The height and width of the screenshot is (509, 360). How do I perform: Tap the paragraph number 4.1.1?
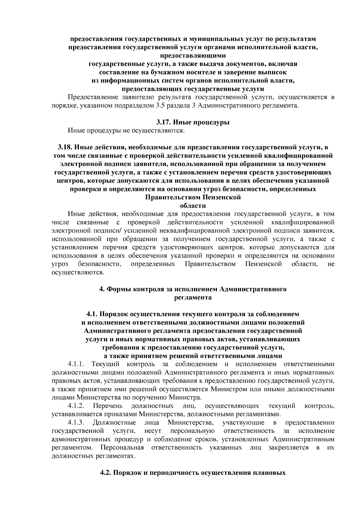pos(77,364)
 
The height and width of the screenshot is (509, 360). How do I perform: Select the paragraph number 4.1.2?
pos(77,406)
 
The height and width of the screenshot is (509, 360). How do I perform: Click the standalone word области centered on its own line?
pos(193,206)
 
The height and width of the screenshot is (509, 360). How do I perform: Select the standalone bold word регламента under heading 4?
pos(193,298)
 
